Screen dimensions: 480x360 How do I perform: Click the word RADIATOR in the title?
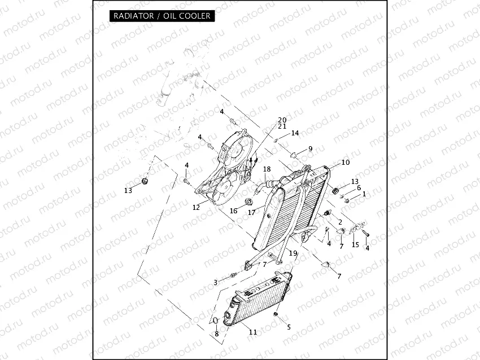[x=133, y=16]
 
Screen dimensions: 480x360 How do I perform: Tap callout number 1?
[x=364, y=194]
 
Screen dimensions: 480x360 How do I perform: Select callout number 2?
[x=340, y=222]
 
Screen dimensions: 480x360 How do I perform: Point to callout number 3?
[x=215, y=282]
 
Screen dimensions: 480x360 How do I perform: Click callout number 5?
[x=289, y=327]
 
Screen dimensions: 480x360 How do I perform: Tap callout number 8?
[x=216, y=334]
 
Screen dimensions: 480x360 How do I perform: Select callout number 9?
[x=309, y=149]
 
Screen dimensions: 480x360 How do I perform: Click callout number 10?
[x=345, y=163]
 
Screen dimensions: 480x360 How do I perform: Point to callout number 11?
[x=253, y=332]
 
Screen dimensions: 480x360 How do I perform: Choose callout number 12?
[x=196, y=208]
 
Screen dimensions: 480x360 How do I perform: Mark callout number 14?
[x=294, y=133]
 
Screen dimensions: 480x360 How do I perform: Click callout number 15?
[x=355, y=244]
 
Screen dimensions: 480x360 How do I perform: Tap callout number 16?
[x=233, y=210]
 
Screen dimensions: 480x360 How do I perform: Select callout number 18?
[x=267, y=169]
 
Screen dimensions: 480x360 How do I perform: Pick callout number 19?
[x=293, y=253]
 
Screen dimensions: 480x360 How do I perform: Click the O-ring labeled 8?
[x=215, y=323]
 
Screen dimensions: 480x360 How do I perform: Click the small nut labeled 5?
[x=276, y=313]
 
